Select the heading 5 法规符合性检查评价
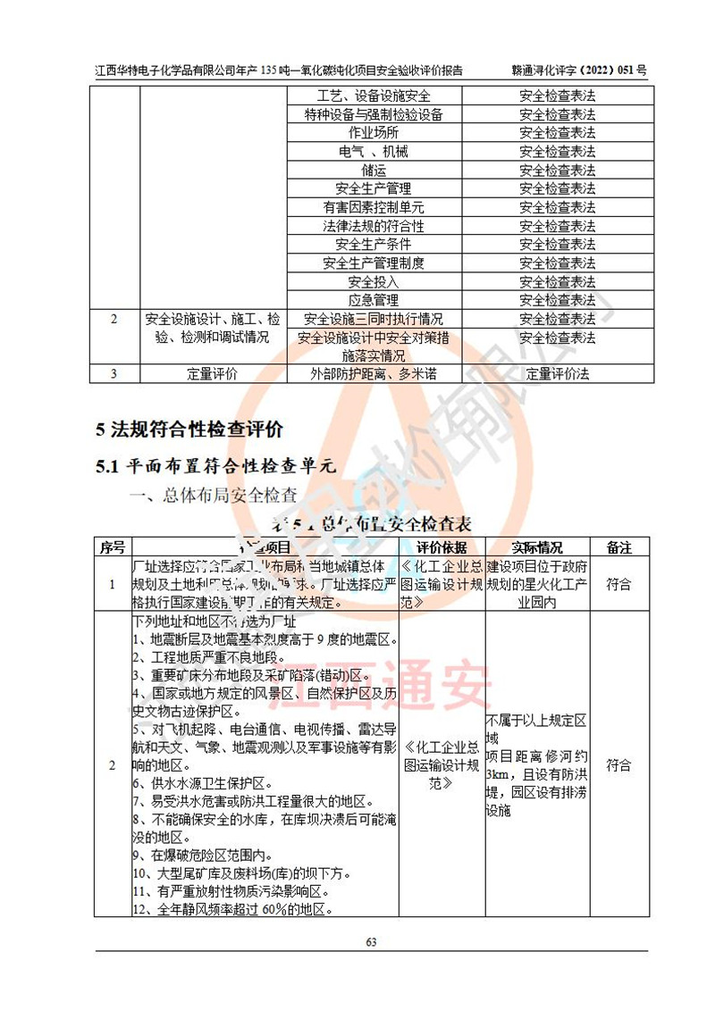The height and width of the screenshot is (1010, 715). tap(189, 430)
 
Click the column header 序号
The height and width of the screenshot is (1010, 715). tap(112, 547)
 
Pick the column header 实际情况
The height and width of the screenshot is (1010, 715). tap(537, 547)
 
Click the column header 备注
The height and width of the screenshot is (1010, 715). tap(618, 547)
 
